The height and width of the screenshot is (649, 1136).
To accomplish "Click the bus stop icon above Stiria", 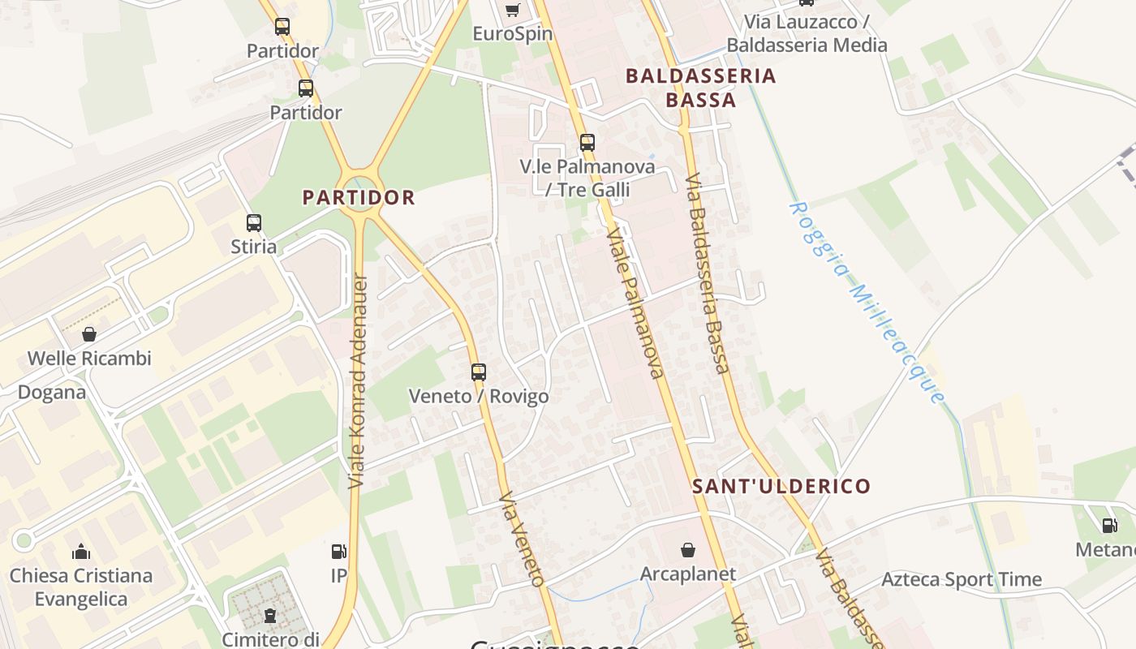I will click(254, 223).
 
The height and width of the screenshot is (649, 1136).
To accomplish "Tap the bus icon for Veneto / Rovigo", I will click(479, 372).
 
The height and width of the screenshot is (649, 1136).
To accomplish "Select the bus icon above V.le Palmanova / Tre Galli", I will click(587, 143).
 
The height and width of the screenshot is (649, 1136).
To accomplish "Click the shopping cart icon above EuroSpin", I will click(512, 10).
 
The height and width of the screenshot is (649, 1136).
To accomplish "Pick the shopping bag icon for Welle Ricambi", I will click(88, 334).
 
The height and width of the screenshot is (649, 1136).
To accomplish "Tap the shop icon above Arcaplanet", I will click(688, 550).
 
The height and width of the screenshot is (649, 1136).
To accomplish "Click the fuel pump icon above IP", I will click(339, 552).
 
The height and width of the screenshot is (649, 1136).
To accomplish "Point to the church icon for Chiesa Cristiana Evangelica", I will click(80, 552).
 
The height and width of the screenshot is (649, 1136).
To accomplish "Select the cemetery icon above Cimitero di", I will click(270, 616).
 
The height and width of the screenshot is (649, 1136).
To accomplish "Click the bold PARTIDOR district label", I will click(359, 197).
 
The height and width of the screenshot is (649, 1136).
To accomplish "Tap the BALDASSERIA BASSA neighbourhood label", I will click(701, 88).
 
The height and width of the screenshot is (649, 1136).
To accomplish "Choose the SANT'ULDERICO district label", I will click(781, 487).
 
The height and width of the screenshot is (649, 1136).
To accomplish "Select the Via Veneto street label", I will click(520, 538).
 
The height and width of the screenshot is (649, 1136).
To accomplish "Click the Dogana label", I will click(52, 393).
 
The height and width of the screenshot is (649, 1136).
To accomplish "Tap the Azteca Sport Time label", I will click(962, 579).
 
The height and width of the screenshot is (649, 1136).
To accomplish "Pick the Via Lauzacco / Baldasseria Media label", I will click(807, 33).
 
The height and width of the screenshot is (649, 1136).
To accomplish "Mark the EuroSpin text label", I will click(513, 34).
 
